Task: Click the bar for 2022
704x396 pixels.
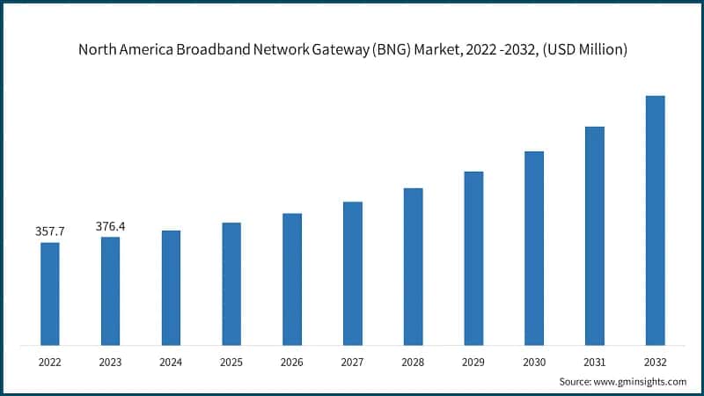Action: pos(50,293)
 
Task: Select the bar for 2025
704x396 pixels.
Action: pos(231,283)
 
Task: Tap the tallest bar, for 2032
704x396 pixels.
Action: pos(655,220)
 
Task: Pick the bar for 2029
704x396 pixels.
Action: pos(473,258)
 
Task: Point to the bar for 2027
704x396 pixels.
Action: pos(353,273)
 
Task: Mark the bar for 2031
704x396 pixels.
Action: pos(595,235)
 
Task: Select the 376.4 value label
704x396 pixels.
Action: pos(110,227)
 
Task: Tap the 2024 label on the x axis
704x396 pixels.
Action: pos(171,362)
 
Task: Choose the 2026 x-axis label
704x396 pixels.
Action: pos(292,362)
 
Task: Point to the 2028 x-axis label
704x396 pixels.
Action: pos(413,362)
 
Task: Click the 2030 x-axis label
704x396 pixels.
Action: pos(534,362)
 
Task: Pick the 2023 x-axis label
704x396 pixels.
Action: pos(110,362)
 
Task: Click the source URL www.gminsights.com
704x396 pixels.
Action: pos(643,382)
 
